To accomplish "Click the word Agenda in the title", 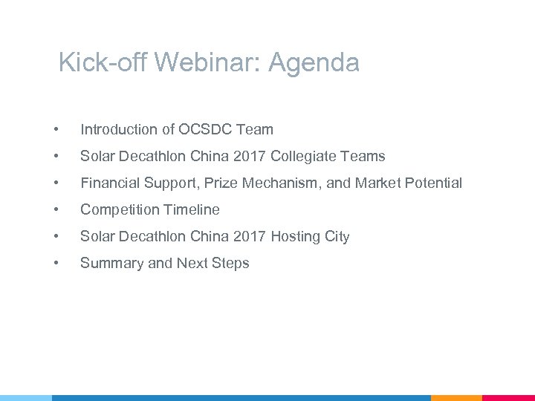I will point(314,63).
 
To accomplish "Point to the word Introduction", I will point(120,130).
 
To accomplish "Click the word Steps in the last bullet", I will point(231,264).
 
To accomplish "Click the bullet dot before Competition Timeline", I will point(56,210).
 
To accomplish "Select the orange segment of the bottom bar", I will point(456,398).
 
